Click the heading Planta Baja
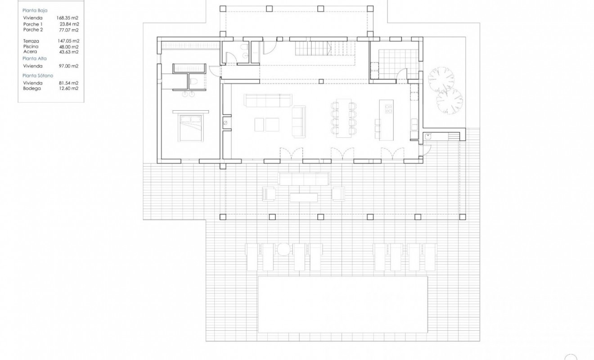click(35, 9)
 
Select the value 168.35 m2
click(67, 18)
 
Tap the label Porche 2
click(32, 30)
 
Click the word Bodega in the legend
click(32, 89)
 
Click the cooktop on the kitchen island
click(388, 108)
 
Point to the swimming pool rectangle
click(342, 304)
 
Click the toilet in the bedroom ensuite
click(194, 81)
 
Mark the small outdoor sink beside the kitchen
click(428, 136)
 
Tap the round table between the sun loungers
click(283, 249)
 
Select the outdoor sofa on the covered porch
click(304, 179)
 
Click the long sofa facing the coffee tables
click(268, 100)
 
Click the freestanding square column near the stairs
click(320, 81)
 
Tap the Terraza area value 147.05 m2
click(69, 40)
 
